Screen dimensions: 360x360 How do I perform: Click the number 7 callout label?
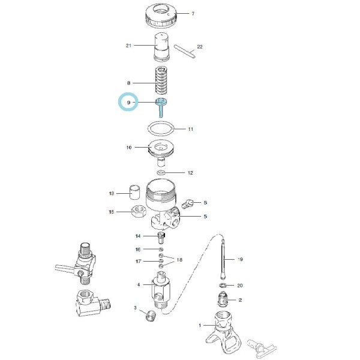193,13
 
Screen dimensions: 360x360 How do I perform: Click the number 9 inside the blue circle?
128,103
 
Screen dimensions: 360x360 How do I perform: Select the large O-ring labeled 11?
162,128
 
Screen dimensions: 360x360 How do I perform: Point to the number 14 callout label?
138,236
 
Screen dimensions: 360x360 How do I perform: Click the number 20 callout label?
241,285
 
